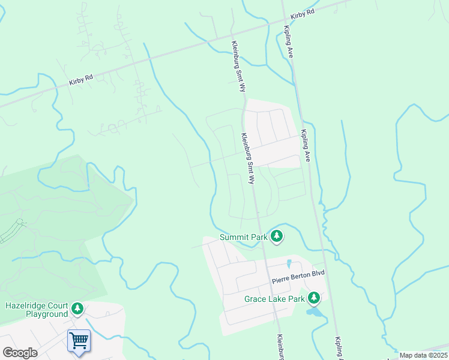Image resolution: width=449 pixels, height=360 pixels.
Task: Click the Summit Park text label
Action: pyautogui.click(x=243, y=237)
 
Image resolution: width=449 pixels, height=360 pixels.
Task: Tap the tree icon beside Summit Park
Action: pyautogui.click(x=277, y=236)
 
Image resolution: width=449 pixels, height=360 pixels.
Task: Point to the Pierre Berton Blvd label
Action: pyautogui.click(x=298, y=274)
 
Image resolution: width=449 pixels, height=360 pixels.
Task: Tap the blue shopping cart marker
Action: pyautogui.click(x=79, y=341)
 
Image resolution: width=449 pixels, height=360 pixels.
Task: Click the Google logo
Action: pyautogui.click(x=20, y=353)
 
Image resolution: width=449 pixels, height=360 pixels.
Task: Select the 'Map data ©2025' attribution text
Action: pyautogui.click(x=423, y=355)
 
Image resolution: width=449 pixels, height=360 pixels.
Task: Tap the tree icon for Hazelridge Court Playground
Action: pyautogui.click(x=77, y=309)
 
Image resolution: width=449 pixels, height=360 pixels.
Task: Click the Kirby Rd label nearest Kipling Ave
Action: pyautogui.click(x=302, y=13)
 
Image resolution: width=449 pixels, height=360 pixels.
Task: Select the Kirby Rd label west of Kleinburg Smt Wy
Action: pyautogui.click(x=81, y=79)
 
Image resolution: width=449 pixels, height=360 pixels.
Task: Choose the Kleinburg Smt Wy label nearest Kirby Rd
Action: pyautogui.click(x=239, y=66)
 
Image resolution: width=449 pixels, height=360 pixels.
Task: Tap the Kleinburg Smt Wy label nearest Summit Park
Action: pyautogui.click(x=248, y=158)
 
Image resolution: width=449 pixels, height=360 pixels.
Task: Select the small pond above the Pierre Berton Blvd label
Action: pyautogui.click(x=289, y=263)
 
